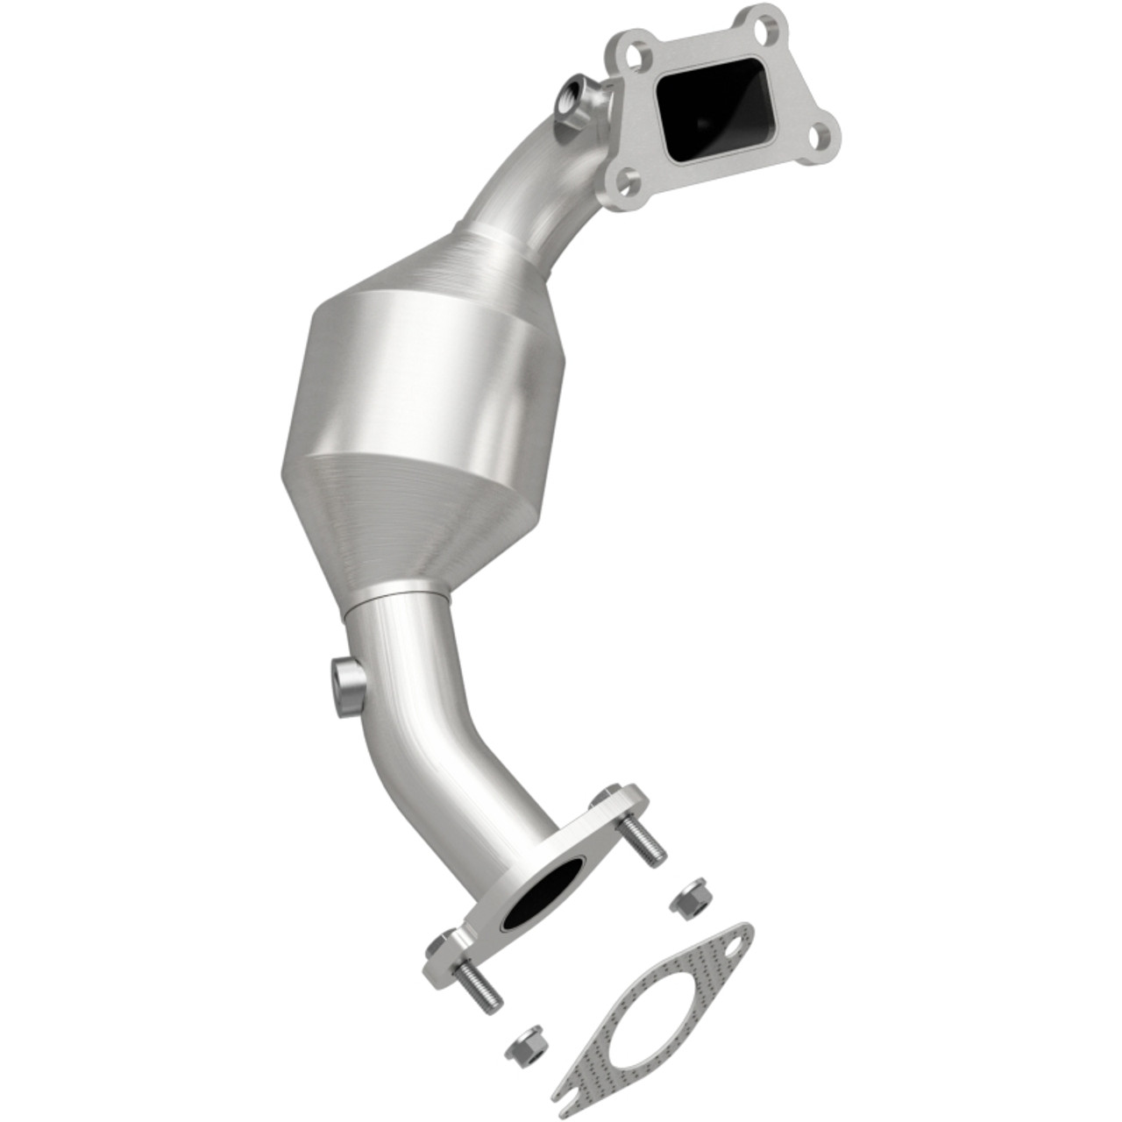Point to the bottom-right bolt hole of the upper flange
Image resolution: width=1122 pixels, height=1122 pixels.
(820, 136)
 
